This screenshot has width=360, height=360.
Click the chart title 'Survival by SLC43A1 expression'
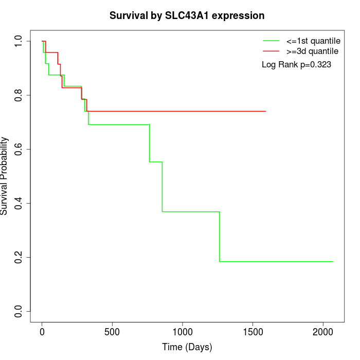click(x=187, y=16)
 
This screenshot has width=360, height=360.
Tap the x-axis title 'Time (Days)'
click(x=187, y=347)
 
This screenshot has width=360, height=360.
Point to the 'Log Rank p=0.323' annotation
click(x=296, y=65)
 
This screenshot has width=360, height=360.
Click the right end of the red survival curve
click(x=265, y=111)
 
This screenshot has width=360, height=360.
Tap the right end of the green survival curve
click(x=333, y=262)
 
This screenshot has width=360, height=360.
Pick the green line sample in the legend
click(x=271, y=41)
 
